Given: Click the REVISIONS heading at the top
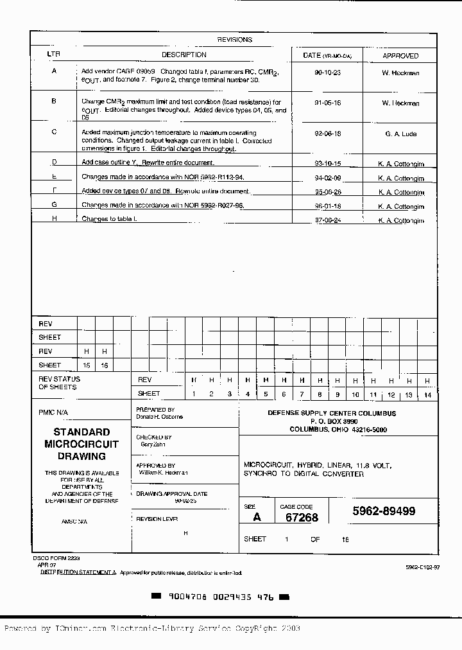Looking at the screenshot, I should click(x=234, y=39).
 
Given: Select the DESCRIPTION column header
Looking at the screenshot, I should click(x=184, y=55).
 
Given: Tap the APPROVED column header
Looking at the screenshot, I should click(x=400, y=56).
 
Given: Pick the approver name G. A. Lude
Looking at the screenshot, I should click(x=400, y=134).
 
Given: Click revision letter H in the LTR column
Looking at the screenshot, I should click(x=54, y=218).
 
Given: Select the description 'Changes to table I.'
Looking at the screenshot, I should click(x=109, y=219).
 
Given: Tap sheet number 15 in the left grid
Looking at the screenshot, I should click(x=86, y=365).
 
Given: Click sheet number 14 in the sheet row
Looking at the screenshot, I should click(x=427, y=394).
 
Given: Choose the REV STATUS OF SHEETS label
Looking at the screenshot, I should click(x=60, y=383).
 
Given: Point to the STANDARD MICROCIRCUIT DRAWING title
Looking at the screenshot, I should click(x=81, y=444).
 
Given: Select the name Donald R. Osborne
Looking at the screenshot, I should click(x=159, y=417).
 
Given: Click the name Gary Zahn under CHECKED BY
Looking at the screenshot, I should click(x=152, y=444).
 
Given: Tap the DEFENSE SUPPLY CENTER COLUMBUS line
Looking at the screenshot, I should click(x=332, y=414).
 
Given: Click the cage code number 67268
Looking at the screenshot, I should click(x=302, y=518).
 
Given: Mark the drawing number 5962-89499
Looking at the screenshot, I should click(x=384, y=511).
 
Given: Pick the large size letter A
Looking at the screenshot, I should click(x=257, y=517).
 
